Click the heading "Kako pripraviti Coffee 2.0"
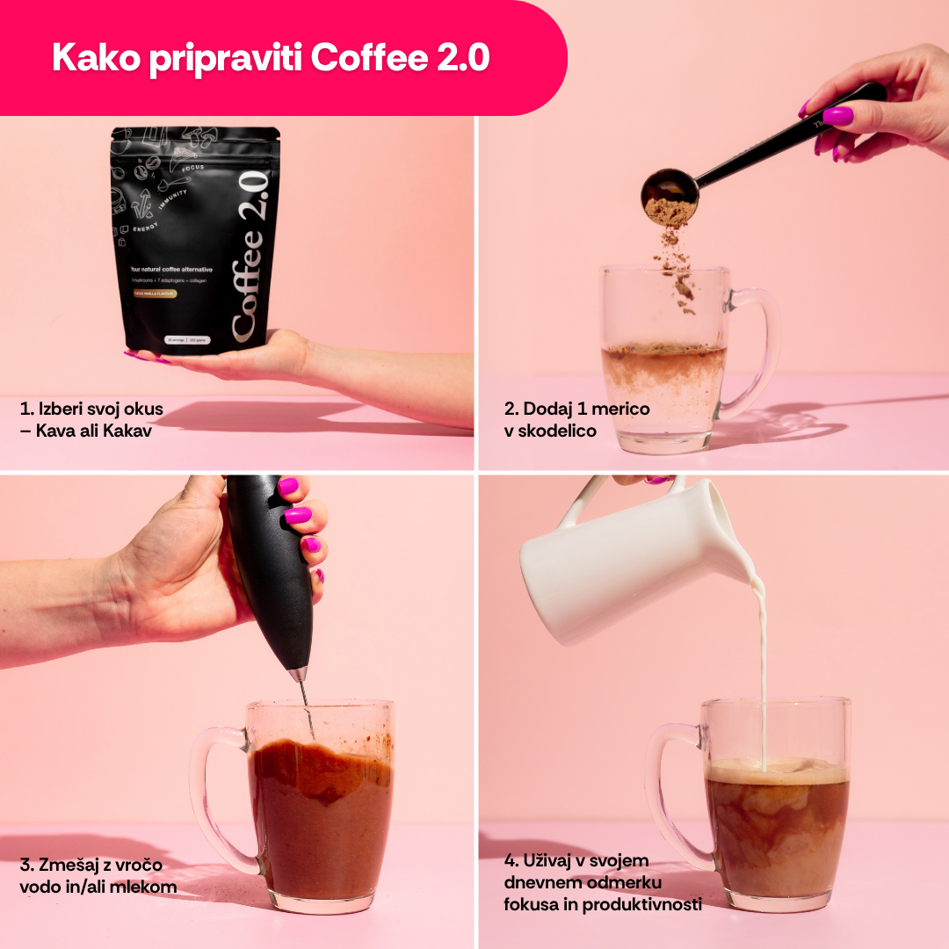click(x=271, y=58)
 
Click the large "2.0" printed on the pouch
click(x=252, y=192)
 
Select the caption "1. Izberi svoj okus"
click(x=91, y=409)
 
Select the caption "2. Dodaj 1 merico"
click(x=577, y=409)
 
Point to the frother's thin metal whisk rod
click(x=305, y=703)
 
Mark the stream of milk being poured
click(x=762, y=668)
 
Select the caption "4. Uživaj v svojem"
click(x=576, y=860)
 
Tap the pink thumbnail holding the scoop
click(x=837, y=116)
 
